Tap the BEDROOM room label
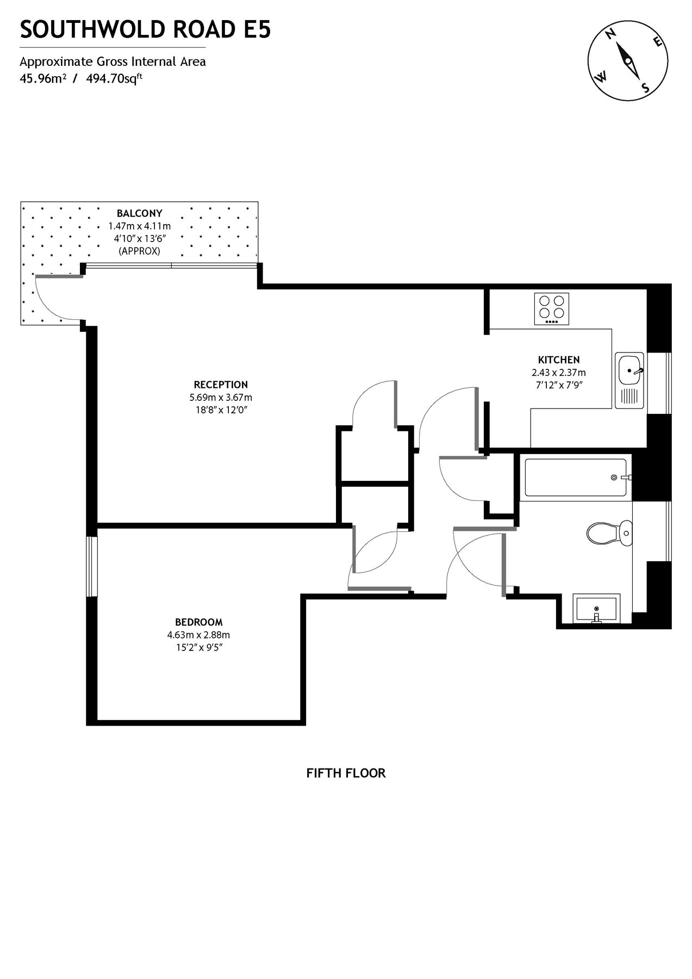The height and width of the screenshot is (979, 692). (x=198, y=622)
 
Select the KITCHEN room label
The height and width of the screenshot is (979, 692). (x=558, y=360)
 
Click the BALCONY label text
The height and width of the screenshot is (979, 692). (x=139, y=213)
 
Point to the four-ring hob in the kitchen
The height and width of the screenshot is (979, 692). (x=552, y=308)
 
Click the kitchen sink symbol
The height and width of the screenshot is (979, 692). (x=629, y=371)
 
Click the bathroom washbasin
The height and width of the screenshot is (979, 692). (x=596, y=608)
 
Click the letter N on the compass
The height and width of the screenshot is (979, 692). (x=610, y=34)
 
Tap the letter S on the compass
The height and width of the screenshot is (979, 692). (x=645, y=88)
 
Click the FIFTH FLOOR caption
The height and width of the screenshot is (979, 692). (x=346, y=773)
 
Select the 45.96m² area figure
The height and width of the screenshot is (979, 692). (x=43, y=78)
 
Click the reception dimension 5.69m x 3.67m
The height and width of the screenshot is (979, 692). (x=217, y=397)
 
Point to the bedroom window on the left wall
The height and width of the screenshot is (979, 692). (x=91, y=567)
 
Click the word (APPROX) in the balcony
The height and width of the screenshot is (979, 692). (x=139, y=251)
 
